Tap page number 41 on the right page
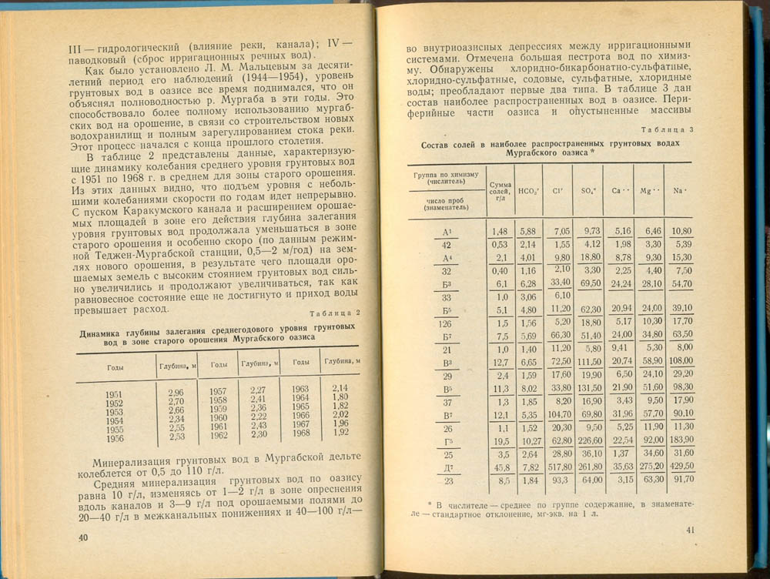click(691, 529)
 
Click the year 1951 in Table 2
click(115, 394)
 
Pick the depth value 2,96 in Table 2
click(176, 393)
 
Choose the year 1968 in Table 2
click(300, 432)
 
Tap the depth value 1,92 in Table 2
click(340, 432)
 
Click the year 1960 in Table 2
click(218, 417)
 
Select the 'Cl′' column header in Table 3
click(557, 191)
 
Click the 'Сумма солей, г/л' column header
click(500, 191)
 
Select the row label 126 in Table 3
click(446, 323)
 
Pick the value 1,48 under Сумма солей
click(498, 231)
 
